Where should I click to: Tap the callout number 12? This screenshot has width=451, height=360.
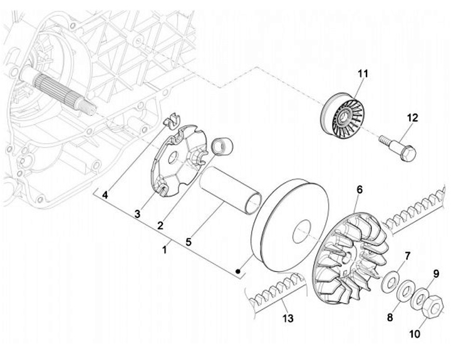point(412,118)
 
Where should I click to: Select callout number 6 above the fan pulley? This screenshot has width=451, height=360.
point(360,190)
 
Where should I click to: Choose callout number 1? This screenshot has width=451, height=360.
point(165,249)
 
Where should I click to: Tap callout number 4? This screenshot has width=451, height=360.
point(105,195)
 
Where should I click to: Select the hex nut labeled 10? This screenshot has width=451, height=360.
point(432,305)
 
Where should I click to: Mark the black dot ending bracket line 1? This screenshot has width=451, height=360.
point(239,272)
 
